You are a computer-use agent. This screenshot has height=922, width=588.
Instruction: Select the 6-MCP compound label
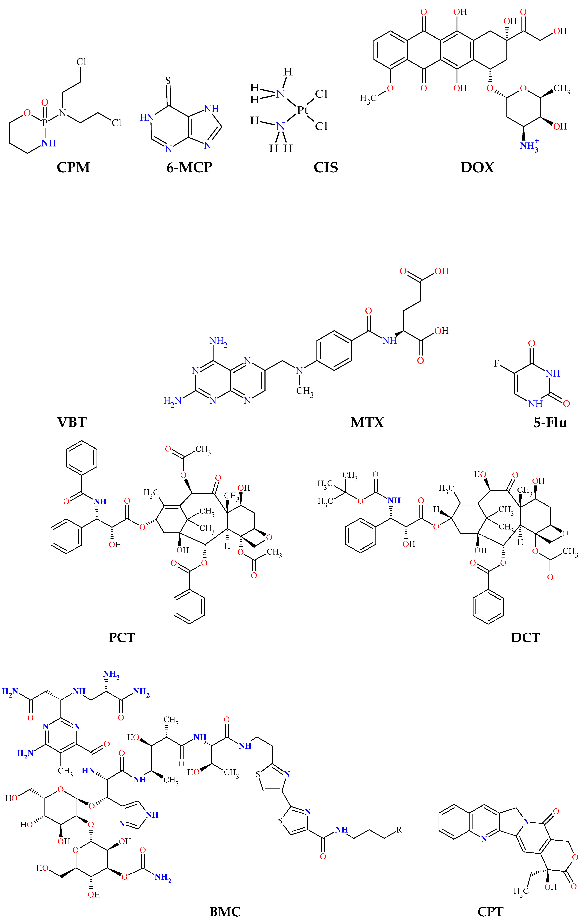189,167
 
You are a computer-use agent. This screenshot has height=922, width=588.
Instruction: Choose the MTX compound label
367,422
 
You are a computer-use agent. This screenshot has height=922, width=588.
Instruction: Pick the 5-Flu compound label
550,422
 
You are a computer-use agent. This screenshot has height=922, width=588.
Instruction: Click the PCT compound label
122,638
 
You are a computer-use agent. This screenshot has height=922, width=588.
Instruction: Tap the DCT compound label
525,638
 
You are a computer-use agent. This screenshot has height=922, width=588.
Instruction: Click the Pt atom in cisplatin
302,110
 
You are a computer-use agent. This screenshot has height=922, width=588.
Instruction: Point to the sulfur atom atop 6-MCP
168,81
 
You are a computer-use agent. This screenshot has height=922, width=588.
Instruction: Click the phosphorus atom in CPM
45,123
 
